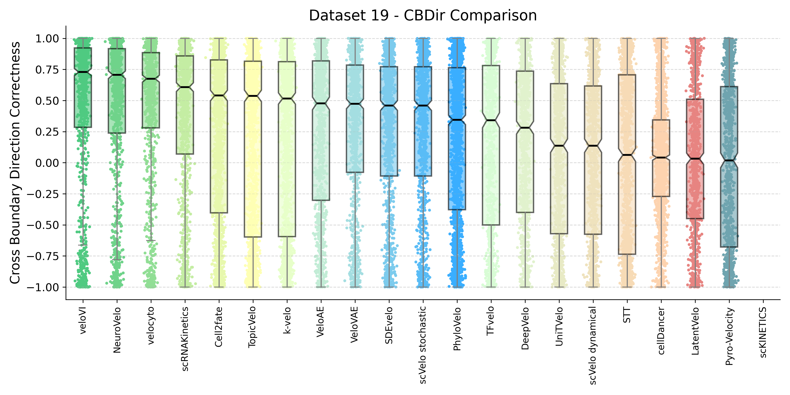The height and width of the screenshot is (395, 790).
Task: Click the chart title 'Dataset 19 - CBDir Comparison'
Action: (x=423, y=15)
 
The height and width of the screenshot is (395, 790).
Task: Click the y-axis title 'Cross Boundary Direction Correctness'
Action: (x=15, y=163)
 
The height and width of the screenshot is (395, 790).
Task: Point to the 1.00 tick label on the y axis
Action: (x=47, y=39)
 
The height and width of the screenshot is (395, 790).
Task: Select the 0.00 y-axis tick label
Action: (x=47, y=163)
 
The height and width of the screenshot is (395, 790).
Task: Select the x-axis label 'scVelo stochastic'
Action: (x=423, y=345)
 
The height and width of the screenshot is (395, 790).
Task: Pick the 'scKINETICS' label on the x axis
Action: (x=763, y=332)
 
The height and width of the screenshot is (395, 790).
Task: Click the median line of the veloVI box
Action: (x=83, y=72)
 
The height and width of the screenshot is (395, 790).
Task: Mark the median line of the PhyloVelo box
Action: (x=457, y=120)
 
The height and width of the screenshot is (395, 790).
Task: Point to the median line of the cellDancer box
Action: (x=661, y=158)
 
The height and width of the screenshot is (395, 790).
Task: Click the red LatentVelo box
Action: (x=695, y=190)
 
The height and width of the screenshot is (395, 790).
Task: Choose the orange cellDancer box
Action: (x=661, y=178)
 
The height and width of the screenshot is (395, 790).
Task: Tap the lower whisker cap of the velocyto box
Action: (x=151, y=241)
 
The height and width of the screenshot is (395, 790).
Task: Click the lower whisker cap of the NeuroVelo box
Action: (x=117, y=260)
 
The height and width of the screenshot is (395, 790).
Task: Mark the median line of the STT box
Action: (x=627, y=155)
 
